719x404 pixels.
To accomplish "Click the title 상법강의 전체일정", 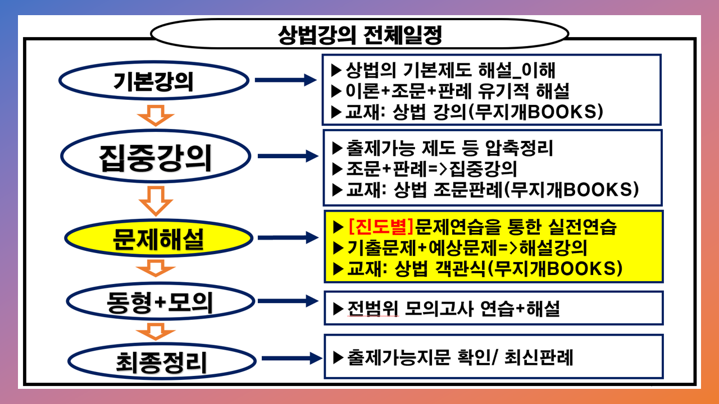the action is (x=360, y=35).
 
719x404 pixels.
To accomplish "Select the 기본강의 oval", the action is (x=154, y=80).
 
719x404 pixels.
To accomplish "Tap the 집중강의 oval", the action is (x=156, y=156).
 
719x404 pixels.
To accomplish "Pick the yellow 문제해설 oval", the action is (x=159, y=238).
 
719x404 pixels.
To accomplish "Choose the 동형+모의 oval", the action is (x=161, y=301).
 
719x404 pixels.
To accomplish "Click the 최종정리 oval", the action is (x=162, y=361).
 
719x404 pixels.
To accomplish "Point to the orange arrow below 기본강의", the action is (x=156, y=116).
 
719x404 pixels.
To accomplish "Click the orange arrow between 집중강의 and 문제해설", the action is (x=156, y=201).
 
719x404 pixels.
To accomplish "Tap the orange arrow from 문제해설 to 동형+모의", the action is (x=156, y=268).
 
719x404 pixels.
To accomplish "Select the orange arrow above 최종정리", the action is (x=156, y=332).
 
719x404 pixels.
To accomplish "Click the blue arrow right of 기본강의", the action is (x=286, y=80).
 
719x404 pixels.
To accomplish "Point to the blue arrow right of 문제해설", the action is (x=288, y=237).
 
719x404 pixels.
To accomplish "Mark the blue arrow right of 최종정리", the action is (x=292, y=358).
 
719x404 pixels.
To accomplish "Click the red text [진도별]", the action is (x=381, y=226).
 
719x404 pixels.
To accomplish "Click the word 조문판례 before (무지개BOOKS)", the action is (x=468, y=190).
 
